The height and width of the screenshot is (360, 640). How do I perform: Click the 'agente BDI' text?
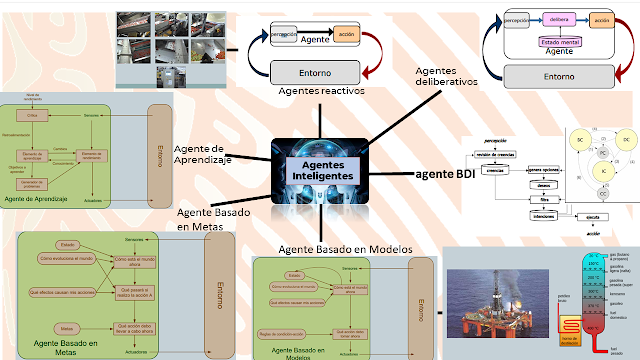(445, 174)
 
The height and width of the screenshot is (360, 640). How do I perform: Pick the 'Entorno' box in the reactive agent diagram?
(316, 72)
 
